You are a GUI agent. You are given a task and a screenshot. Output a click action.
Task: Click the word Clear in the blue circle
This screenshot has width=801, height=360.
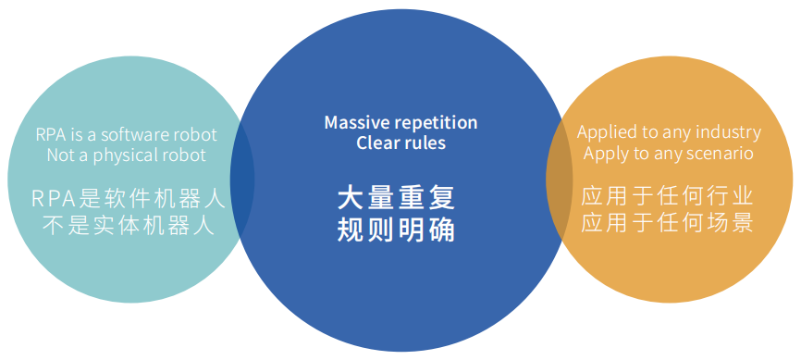click(x=376, y=143)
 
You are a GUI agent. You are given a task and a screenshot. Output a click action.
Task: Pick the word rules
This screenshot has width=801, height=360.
click(x=423, y=143)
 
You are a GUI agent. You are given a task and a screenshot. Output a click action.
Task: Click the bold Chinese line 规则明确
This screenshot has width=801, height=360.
click(x=396, y=229)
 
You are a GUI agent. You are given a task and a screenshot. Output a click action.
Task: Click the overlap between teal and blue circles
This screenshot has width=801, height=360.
click(x=240, y=180)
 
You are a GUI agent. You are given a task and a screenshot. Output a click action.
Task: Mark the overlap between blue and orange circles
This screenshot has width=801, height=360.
click(x=559, y=180)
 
